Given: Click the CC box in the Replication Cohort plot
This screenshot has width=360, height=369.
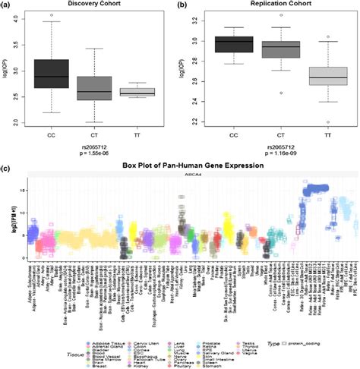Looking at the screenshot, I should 233,44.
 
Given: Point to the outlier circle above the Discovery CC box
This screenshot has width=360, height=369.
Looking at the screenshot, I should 52,15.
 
